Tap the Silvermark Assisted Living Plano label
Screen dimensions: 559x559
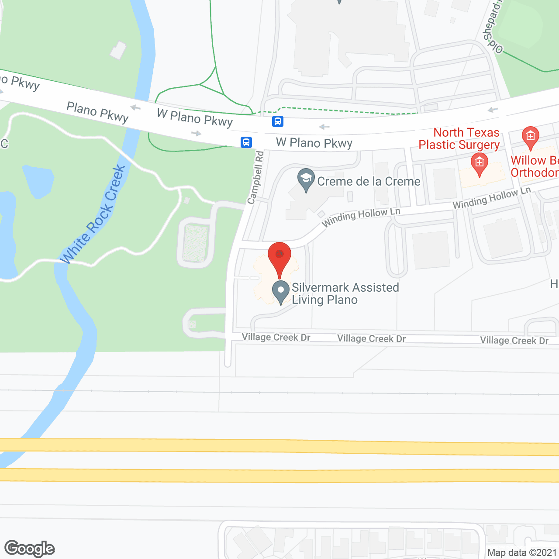coord(345,293)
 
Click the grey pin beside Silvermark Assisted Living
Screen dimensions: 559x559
coord(281,292)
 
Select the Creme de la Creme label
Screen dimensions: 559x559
coord(369,181)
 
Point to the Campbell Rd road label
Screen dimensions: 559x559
coord(256,177)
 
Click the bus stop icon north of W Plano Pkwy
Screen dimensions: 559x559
coord(278,121)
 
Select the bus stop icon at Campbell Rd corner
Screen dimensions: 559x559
coord(246,142)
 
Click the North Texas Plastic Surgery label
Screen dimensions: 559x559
coord(459,138)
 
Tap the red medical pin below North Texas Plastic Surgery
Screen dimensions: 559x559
coord(479,164)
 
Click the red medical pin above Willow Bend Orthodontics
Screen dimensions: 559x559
coord(530,137)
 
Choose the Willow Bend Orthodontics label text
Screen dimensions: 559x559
coord(535,166)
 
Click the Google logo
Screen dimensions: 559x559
coord(30,549)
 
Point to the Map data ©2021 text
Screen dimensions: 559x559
coord(522,552)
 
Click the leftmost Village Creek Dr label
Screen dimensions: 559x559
coord(276,337)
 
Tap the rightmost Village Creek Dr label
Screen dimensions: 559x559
coord(514,341)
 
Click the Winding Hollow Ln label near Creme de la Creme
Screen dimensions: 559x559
coord(361,217)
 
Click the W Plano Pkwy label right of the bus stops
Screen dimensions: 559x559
coord(314,143)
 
